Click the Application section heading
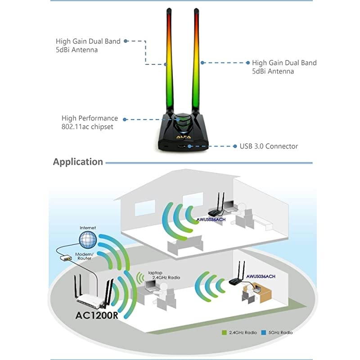[x=78, y=162]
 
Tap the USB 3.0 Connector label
[x=269, y=146]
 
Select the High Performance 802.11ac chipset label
[x=90, y=122]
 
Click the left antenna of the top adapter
[x=168, y=58]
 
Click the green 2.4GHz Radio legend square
[x=224, y=332]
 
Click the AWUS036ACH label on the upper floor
[x=212, y=220]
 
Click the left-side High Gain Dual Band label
[x=88, y=45]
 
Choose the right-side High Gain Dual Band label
[x=284, y=67]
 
